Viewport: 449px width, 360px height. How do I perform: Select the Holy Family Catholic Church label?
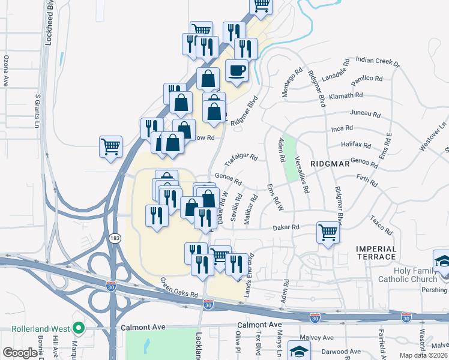click(408, 274)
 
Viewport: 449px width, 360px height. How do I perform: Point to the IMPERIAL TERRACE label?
click(384, 253)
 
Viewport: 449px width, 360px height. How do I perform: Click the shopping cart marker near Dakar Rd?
click(328, 231)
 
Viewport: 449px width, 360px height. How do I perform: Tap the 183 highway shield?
click(114, 238)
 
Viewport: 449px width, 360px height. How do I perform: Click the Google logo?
click(20, 353)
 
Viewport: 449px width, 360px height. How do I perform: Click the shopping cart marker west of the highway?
click(111, 147)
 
